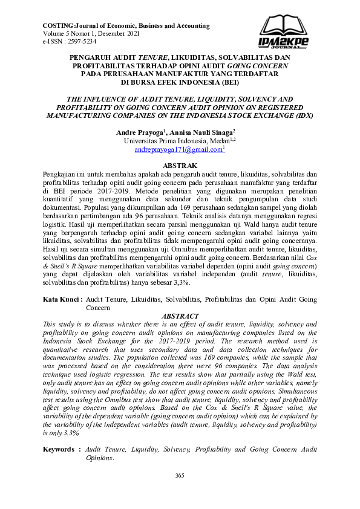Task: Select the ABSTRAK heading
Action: coord(180,165)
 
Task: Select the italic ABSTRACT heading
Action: coord(180,316)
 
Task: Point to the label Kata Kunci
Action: coord(62,299)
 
